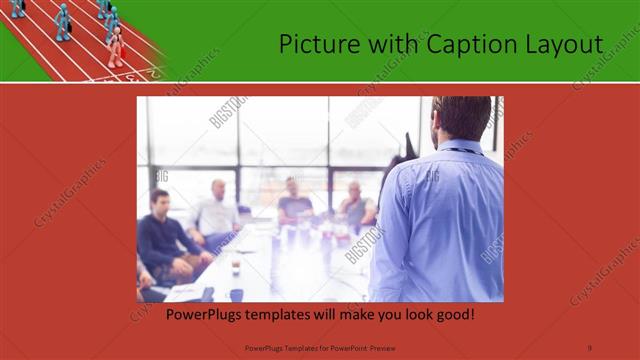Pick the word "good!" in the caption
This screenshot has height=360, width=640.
[451, 315]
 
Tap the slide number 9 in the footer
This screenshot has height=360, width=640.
[590, 346]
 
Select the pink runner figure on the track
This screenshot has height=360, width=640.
[116, 46]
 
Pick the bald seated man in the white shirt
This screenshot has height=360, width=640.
[217, 210]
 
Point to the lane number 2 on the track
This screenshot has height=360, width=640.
[151, 72]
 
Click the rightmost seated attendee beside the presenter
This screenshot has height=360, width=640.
[356, 205]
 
